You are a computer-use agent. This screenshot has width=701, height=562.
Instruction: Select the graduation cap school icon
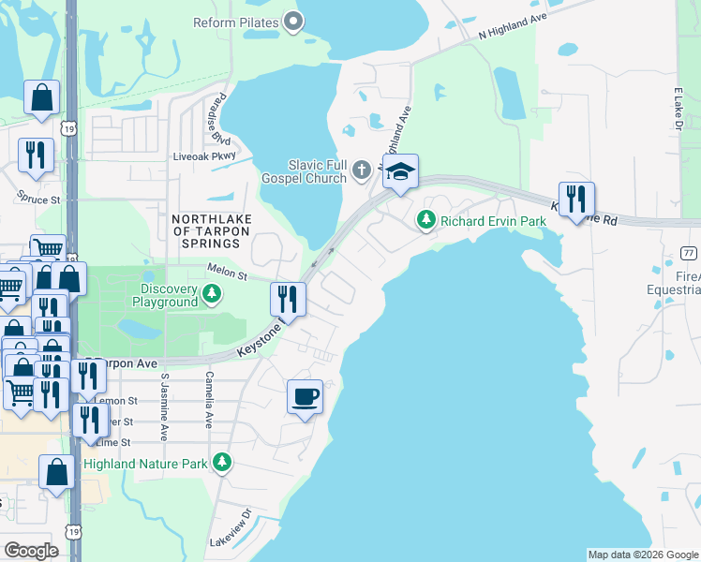400,172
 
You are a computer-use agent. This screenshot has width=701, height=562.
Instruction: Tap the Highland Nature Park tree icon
222,462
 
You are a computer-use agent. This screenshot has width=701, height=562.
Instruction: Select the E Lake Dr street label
677,111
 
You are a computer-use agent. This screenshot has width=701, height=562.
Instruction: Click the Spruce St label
38,199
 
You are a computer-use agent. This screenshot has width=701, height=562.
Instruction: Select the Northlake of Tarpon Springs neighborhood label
205,230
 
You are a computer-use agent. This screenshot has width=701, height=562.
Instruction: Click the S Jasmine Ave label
165,407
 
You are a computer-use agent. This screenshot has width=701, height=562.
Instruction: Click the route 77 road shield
687,253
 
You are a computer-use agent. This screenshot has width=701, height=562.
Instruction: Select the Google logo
31,551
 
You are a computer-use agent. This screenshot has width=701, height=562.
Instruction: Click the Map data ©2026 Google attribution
642,555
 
